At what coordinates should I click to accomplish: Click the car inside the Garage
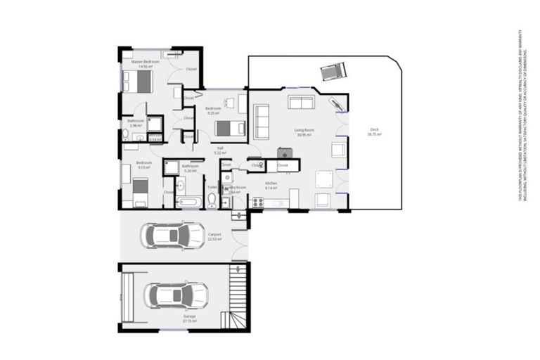[x=176, y=293]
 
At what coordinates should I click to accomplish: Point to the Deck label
[x=375, y=131]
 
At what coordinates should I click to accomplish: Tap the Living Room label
[x=304, y=131]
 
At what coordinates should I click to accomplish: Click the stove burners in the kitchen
[x=257, y=204]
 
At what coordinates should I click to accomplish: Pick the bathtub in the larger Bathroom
[x=188, y=202]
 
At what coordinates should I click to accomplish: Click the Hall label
[x=219, y=149]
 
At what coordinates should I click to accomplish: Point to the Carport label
[x=214, y=236]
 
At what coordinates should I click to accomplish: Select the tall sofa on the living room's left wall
[x=261, y=121]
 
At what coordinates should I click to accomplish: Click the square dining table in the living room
[x=323, y=178]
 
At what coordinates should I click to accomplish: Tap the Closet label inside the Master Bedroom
[x=191, y=69]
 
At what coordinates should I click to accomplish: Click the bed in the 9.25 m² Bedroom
[x=229, y=128]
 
